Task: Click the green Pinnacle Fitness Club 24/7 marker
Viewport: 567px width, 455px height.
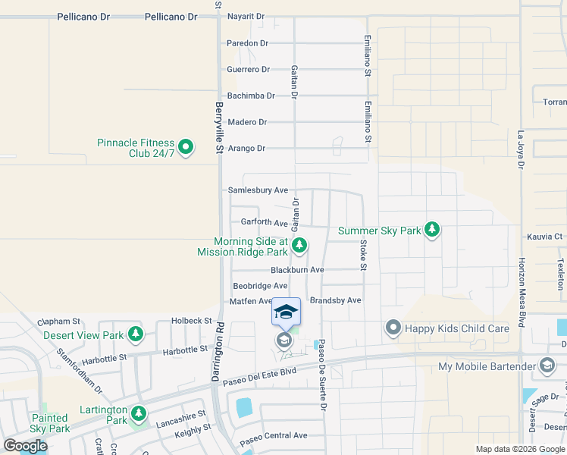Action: [187, 147]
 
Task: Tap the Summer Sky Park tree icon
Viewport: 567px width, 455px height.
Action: [431, 230]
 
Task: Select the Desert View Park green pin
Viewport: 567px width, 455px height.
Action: [136, 334]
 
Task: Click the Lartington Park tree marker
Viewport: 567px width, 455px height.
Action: [138, 413]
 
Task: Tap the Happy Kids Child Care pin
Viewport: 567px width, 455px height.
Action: [393, 328]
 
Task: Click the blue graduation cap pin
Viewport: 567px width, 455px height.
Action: [286, 312]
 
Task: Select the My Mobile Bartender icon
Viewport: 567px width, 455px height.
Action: [546, 367]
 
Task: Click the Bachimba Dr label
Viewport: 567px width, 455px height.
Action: [251, 96]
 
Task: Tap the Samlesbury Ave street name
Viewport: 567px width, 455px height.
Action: [258, 190]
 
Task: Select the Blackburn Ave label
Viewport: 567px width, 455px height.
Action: [297, 270]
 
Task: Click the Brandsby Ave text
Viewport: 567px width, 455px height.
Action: [335, 300]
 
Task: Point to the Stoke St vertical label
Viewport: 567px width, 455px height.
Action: [363, 256]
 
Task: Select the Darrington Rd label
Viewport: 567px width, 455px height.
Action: [218, 348]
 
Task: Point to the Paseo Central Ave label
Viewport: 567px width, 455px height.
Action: [274, 436]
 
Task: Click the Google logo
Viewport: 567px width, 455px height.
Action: [25, 446]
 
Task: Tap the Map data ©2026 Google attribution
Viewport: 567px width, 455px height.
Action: [519, 449]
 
